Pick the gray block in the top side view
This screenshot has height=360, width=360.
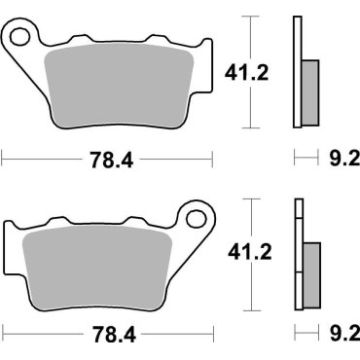pyautogui.click(x=309, y=86)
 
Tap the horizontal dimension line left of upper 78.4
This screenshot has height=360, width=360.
pyautogui.click(x=39, y=156)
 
